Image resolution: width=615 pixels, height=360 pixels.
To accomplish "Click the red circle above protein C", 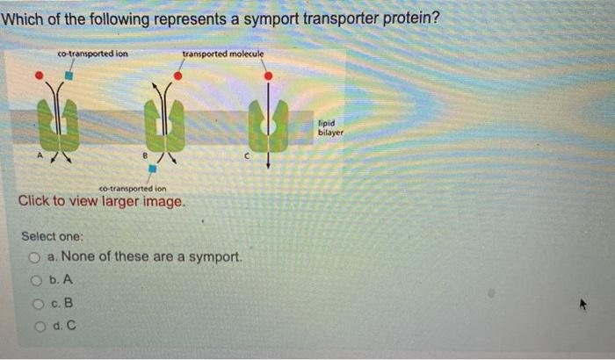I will coord(268,76).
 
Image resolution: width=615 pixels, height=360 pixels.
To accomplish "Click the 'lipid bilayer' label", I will coord(331,128).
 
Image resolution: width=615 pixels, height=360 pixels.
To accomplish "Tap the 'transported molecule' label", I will coord(222,54).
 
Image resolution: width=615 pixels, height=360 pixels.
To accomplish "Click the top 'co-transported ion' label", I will coord(92,54).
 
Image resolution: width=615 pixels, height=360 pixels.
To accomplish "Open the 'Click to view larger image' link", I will coord(102,201).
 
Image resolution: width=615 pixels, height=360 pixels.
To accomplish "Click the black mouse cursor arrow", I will coord(581,305).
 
